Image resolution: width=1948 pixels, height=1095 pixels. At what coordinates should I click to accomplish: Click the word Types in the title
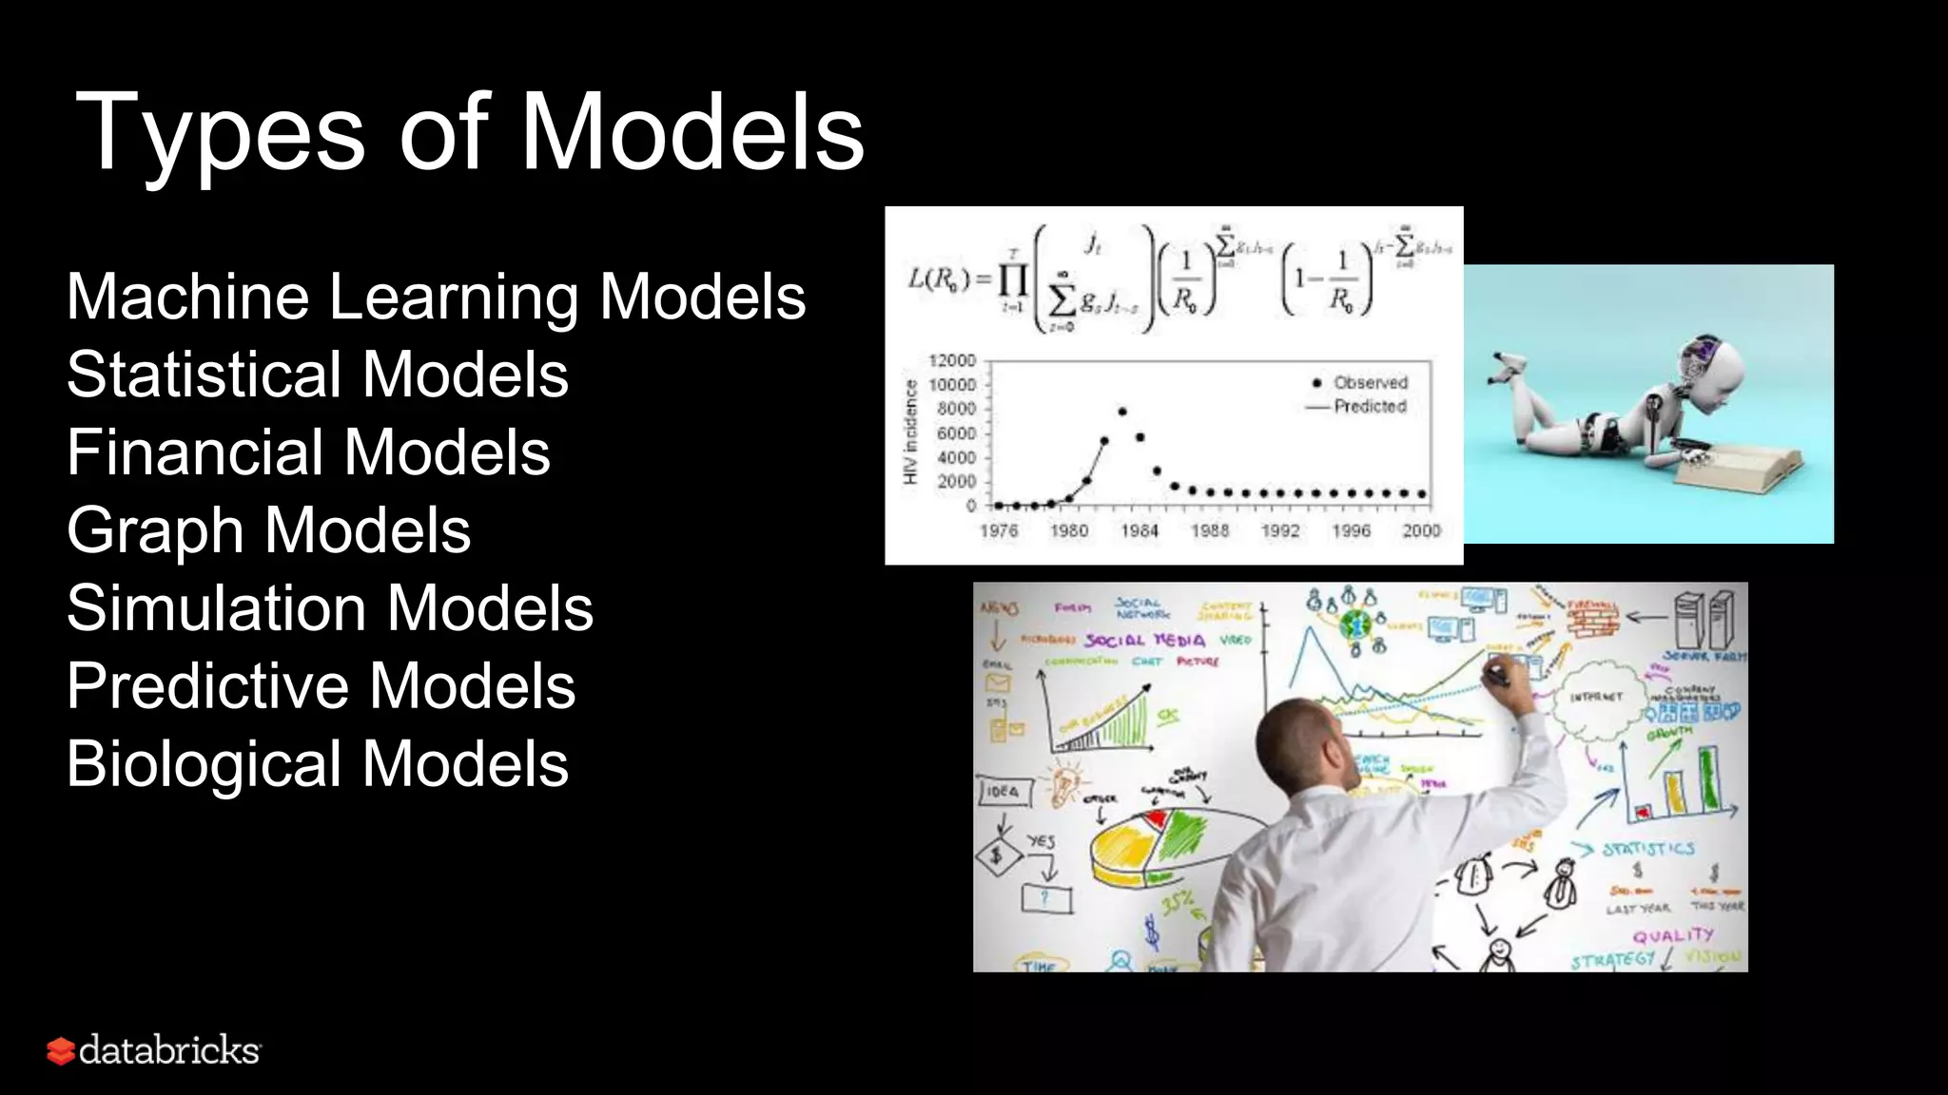pos(219,133)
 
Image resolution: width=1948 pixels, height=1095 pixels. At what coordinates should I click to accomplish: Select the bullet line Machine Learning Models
pos(436,297)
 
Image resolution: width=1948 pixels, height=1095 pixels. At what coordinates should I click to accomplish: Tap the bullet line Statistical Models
pos(317,375)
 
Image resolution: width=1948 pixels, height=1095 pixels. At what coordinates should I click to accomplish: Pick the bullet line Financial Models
pos(308,452)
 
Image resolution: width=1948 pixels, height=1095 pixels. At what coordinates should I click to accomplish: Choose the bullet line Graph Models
pos(268,530)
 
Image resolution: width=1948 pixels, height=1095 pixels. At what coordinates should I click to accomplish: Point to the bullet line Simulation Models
pos(329,608)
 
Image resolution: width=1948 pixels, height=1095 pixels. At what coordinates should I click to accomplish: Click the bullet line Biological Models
pos(317,764)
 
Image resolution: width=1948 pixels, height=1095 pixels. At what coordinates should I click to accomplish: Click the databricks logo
pos(154,1050)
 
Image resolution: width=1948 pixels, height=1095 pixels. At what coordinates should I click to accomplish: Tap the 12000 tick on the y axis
pos(952,360)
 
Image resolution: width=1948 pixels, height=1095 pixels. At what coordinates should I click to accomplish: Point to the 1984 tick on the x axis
pos(1139,530)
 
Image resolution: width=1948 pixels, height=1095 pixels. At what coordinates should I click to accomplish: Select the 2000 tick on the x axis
pos(1421,530)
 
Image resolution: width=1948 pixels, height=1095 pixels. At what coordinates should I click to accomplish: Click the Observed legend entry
pos(1360,382)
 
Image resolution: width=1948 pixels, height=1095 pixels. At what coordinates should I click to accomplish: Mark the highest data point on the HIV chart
pos(1122,412)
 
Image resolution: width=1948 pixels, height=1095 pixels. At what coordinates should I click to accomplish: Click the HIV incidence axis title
pos(910,432)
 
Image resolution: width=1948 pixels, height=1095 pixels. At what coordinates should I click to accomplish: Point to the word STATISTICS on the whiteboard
pos(1648,849)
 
